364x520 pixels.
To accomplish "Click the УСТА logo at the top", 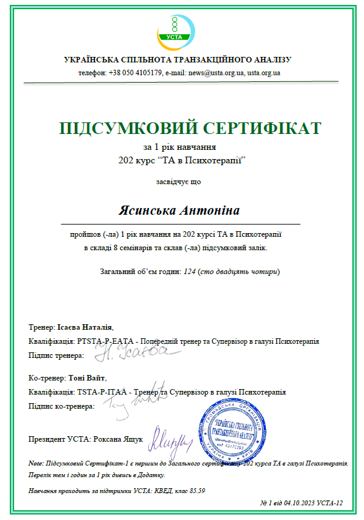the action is [176, 28].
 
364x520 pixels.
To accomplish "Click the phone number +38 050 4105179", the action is [135, 72].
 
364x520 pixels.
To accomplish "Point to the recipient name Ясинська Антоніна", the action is [178, 210].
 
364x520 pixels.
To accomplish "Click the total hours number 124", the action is [189, 270].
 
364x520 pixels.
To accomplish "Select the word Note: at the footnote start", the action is [37, 463].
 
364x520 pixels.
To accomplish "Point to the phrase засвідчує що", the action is [178, 181].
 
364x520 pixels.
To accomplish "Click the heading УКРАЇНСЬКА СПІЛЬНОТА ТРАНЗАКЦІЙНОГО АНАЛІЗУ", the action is [178, 60].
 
